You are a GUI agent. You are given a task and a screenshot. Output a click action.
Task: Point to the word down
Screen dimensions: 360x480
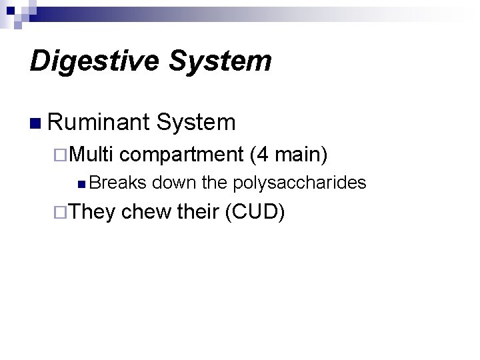click(x=174, y=183)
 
